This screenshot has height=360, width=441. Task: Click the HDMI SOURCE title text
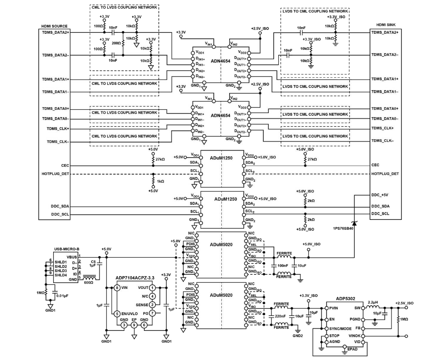54,26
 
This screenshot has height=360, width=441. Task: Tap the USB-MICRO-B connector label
66,249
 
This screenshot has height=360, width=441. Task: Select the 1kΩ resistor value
160,181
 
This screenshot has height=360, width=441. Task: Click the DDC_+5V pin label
381,195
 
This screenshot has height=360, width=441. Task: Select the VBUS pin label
72,256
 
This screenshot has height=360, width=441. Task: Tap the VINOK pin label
355,335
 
